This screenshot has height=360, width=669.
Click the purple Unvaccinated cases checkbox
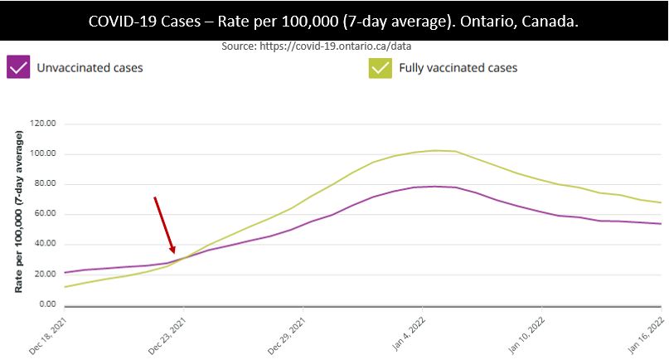tap(17, 67)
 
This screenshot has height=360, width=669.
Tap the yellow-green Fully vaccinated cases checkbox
tap(381, 67)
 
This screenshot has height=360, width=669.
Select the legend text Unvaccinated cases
tap(90, 68)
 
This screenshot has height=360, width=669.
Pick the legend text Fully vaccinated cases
tap(458, 68)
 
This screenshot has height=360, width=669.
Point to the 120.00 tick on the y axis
tap(41, 124)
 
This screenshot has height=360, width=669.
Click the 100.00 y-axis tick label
tap(41, 153)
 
